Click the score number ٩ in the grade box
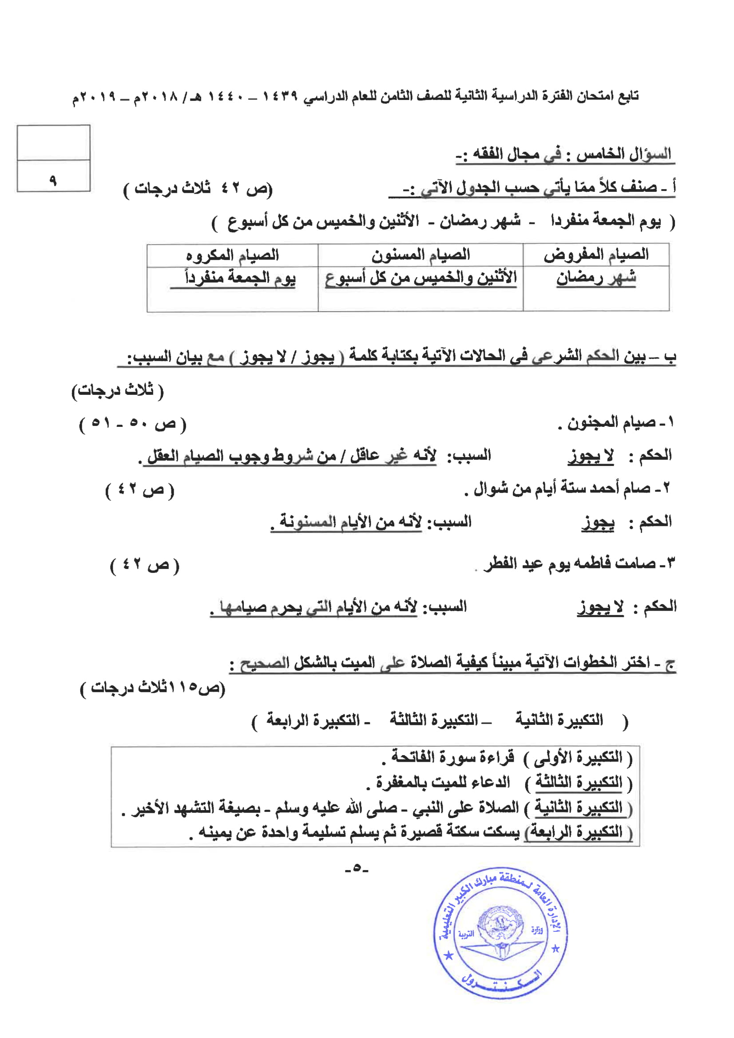coord(53,181)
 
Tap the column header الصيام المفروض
coord(596,255)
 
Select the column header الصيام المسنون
coord(421,255)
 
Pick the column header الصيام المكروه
coord(232,255)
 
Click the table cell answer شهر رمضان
coord(596,278)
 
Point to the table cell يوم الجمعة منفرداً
coord(240,277)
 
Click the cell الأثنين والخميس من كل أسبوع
coord(421,278)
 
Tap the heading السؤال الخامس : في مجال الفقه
coord(565,155)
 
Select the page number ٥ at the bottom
coord(357,868)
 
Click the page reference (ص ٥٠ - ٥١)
coord(132,424)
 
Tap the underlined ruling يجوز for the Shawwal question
coord(598,523)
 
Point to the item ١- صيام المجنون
coord(615,423)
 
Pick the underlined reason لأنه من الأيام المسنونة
coord(350,522)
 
